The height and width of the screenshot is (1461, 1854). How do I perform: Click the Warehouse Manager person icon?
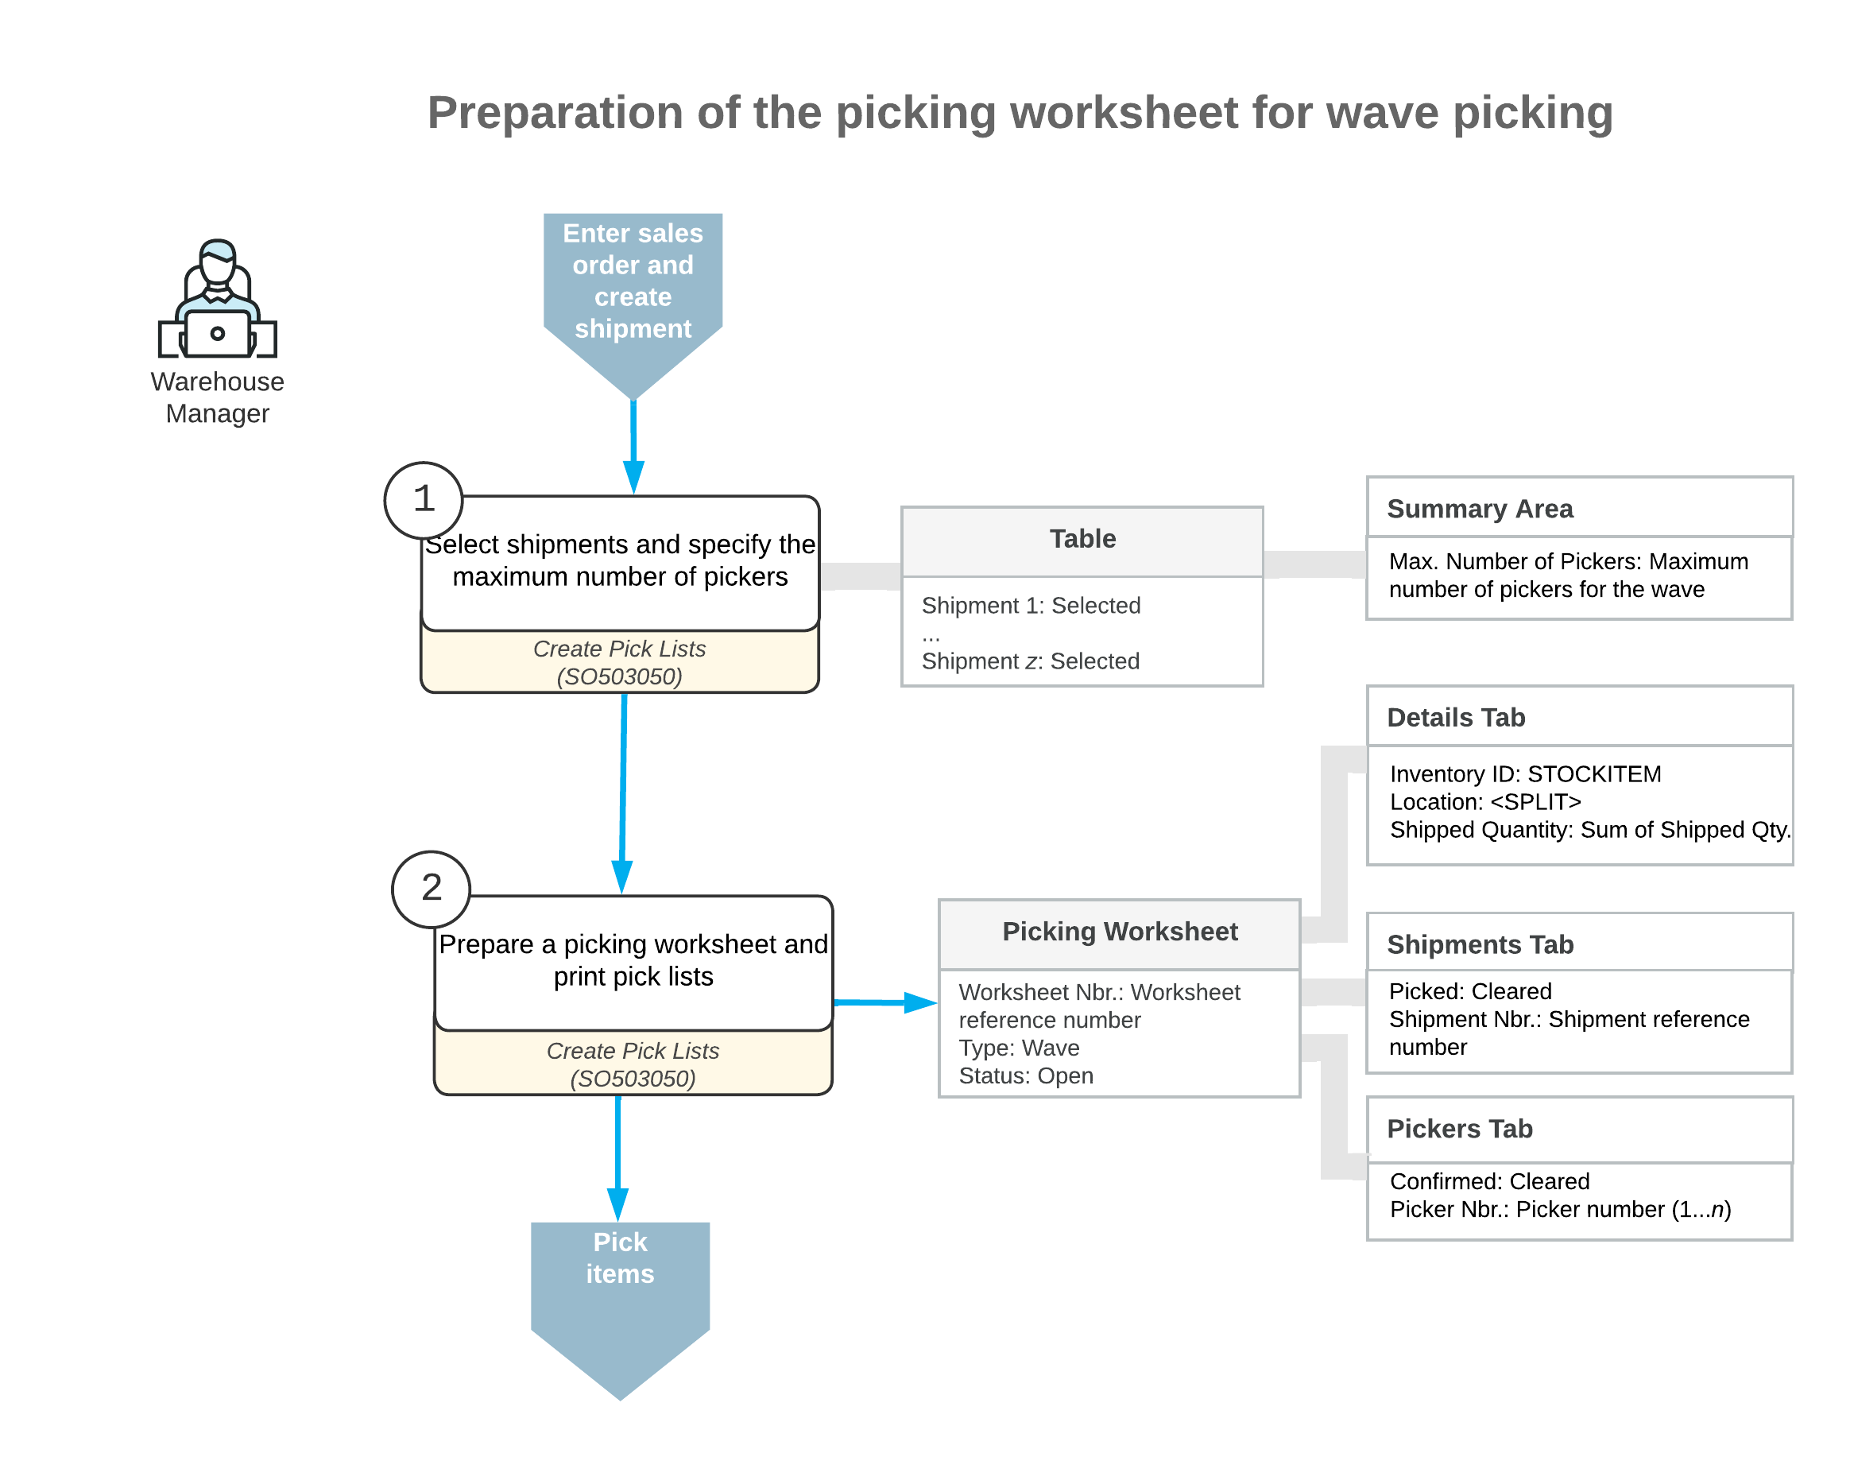click(x=217, y=300)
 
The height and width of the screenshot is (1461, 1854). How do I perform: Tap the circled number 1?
click(x=424, y=499)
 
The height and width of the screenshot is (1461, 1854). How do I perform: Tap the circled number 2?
click(x=431, y=889)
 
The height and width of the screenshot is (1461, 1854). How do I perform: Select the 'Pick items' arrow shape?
click(x=620, y=1292)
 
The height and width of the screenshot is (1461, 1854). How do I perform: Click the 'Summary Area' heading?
click(x=1480, y=509)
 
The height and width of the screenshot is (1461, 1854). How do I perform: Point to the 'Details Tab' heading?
click(x=1456, y=718)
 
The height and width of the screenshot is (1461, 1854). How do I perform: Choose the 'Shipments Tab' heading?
click(x=1480, y=944)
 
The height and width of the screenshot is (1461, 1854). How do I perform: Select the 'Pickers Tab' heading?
click(x=1459, y=1128)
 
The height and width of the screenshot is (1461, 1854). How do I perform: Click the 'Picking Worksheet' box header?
click(x=1120, y=932)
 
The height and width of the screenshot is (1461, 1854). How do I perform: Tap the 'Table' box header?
click(x=1082, y=539)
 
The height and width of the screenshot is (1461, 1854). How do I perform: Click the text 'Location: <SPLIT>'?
click(x=1484, y=802)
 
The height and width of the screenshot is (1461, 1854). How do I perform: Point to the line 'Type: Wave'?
click(x=1019, y=1048)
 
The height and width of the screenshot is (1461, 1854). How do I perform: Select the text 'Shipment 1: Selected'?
click(x=1031, y=606)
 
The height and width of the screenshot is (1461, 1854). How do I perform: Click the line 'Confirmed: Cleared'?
click(x=1489, y=1181)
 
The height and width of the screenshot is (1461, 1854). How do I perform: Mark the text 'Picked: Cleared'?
click(x=1469, y=991)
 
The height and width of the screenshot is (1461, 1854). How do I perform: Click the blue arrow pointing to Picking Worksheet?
click(x=885, y=1002)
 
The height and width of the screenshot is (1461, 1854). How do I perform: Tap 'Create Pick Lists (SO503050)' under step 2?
click(x=633, y=1064)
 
